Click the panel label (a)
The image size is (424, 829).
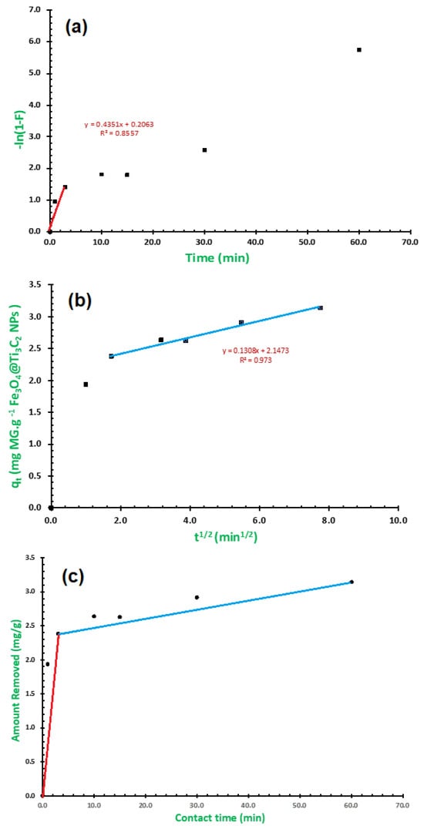(x=76, y=28)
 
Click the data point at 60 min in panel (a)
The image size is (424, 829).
(x=359, y=49)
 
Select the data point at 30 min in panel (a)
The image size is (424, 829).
(x=204, y=149)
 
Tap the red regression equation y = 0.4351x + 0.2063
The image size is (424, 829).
(x=118, y=124)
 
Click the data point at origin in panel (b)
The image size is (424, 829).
(x=51, y=508)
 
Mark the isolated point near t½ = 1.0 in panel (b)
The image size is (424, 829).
(x=86, y=384)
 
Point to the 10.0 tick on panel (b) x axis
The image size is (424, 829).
(x=397, y=520)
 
